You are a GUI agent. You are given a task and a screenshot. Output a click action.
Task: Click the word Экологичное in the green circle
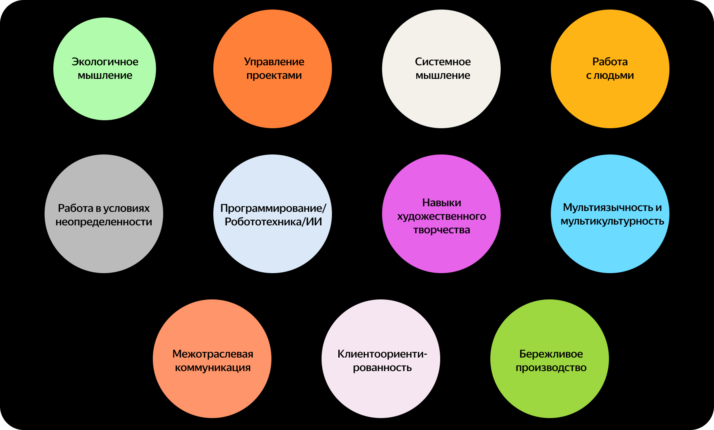[105, 62]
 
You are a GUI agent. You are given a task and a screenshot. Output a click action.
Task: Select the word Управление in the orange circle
[274, 62]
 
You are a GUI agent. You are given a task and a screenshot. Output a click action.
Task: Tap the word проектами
[274, 75]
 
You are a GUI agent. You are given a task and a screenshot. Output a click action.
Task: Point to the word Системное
[443, 62]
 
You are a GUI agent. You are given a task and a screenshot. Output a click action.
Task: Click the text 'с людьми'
[610, 75]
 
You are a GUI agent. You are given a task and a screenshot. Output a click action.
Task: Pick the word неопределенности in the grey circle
[104, 222]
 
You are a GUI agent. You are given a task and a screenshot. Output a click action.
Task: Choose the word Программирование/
[273, 208]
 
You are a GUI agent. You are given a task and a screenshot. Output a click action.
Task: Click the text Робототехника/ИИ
[273, 222]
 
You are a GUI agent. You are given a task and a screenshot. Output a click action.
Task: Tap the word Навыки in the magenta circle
[441, 203]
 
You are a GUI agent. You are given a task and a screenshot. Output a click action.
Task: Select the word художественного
[441, 216]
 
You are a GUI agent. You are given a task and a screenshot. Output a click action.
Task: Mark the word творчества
[441, 230]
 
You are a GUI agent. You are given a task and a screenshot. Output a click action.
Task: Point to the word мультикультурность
[612, 221]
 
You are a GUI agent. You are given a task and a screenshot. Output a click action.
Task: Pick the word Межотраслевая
[213, 354]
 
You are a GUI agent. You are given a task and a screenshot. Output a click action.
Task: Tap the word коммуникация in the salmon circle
[213, 367]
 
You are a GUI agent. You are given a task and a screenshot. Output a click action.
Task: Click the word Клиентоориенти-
[382, 354]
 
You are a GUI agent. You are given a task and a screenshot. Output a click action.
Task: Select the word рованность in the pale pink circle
[382, 367]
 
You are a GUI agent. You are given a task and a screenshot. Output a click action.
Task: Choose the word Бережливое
[551, 354]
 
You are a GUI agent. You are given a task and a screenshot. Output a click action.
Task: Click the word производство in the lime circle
[551, 367]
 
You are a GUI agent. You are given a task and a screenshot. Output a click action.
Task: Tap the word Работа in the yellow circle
[610, 62]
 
